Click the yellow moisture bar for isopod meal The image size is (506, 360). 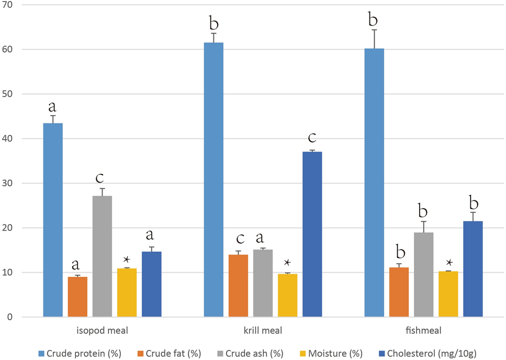pyautogui.click(x=127, y=292)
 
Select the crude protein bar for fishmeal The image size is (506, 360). pyautogui.click(x=374, y=183)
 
